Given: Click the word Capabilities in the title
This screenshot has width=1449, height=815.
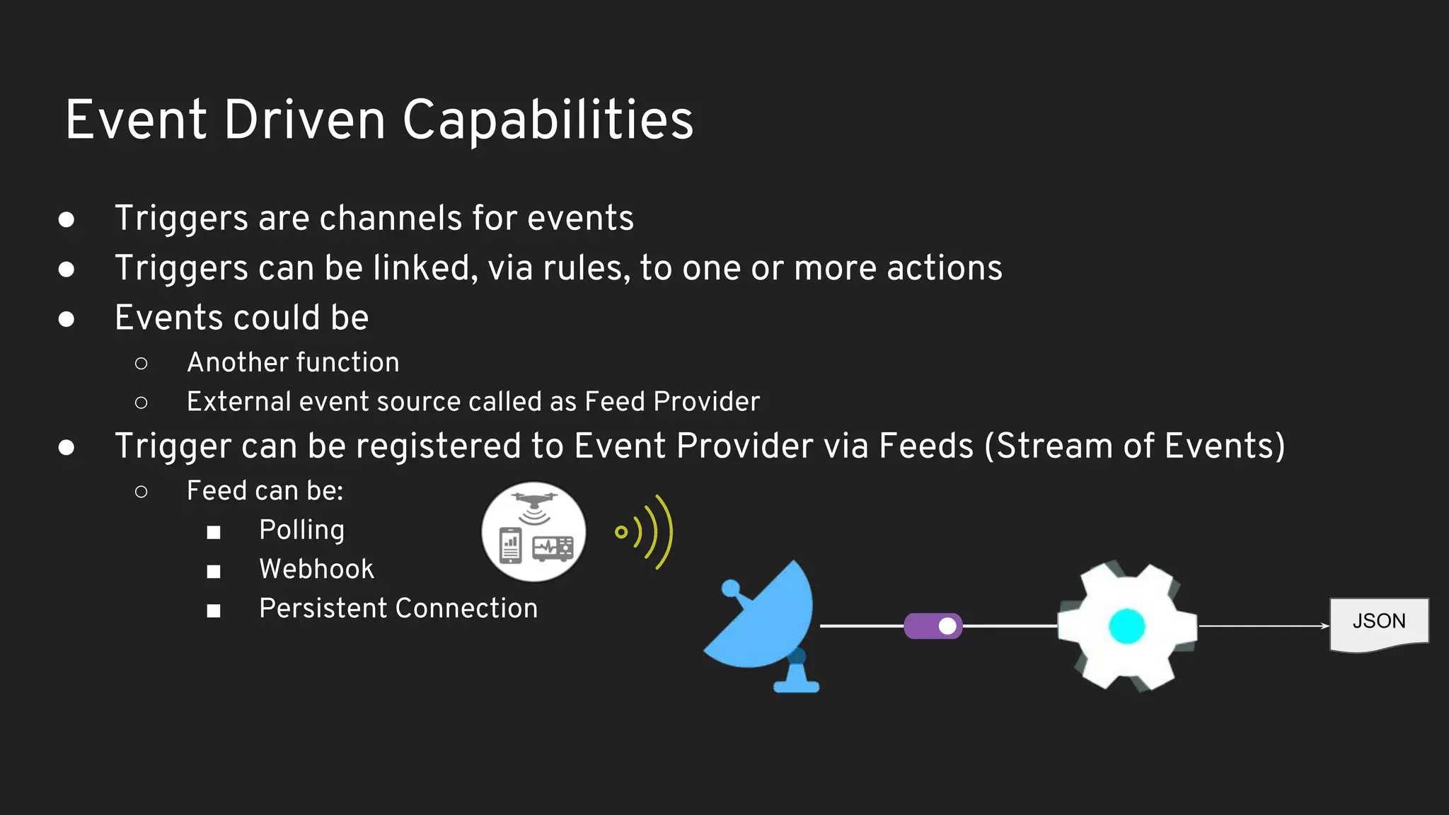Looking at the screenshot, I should [548, 120].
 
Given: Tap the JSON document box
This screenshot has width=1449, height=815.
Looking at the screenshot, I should [1379, 623].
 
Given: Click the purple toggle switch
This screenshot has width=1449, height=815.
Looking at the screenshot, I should [933, 626].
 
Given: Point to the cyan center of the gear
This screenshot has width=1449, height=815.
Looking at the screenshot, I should [1127, 626].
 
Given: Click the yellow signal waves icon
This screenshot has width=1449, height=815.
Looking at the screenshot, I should [645, 531].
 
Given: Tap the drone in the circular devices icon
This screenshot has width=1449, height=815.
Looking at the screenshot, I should [534, 501].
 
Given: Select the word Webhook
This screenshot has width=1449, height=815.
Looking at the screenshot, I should [316, 570].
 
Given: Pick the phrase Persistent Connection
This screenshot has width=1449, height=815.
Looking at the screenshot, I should [398, 608].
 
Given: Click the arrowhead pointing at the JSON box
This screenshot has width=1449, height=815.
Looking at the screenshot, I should [1324, 626].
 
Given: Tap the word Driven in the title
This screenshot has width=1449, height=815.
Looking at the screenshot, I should [305, 120].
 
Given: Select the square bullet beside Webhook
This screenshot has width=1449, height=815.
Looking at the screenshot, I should [214, 571].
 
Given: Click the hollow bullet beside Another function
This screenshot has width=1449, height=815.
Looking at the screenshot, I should [142, 364].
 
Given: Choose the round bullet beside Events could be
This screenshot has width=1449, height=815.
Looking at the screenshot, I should [67, 319].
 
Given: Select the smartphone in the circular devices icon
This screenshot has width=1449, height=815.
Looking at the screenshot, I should [510, 545].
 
